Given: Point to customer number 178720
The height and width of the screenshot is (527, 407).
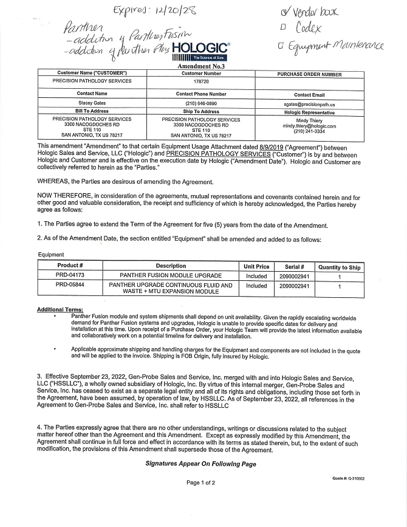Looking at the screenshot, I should (201, 81).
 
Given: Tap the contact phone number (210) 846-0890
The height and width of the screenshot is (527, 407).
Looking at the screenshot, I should (201, 104).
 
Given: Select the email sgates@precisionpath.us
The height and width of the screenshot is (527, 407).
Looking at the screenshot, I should (309, 105).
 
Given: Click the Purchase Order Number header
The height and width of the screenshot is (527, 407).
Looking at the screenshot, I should (309, 74).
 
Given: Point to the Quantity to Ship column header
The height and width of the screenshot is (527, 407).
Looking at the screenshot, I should (339, 267).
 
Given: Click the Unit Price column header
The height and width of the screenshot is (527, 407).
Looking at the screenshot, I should (256, 266).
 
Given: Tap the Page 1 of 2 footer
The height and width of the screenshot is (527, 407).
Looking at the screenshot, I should (200, 483).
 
